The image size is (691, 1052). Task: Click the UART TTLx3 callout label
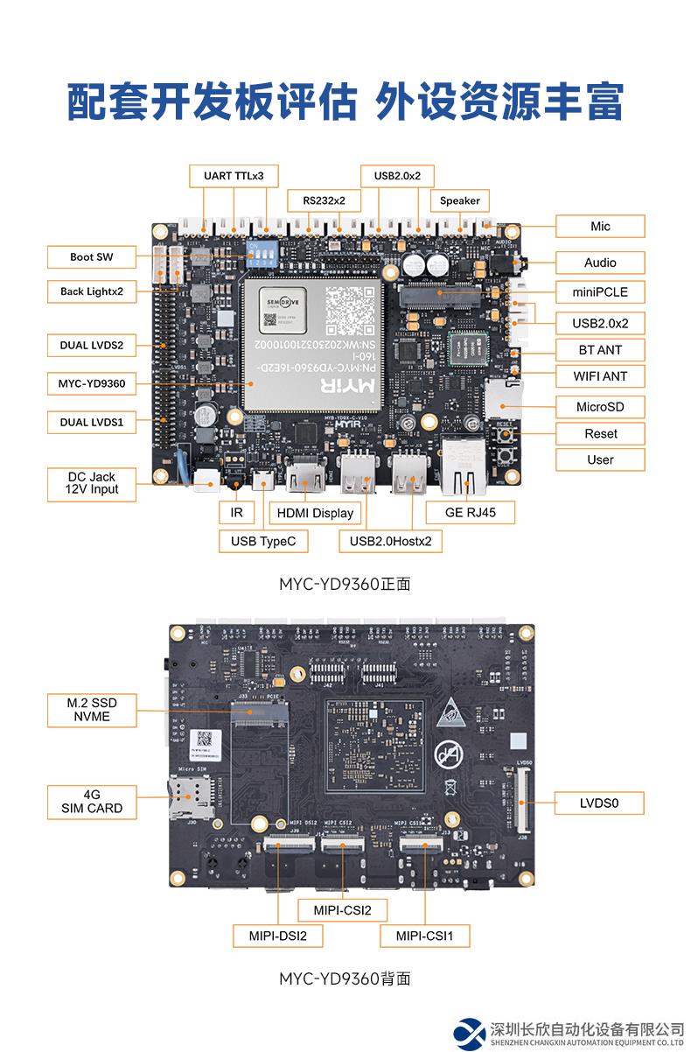[x=234, y=175]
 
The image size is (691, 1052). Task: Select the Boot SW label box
[x=92, y=257]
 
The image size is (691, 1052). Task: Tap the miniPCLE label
[x=600, y=291]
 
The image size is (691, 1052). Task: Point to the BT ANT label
[x=600, y=349]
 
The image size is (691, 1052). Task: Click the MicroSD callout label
[x=600, y=406]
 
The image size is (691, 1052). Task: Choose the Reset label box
[x=600, y=433]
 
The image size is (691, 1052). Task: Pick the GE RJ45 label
[x=471, y=512]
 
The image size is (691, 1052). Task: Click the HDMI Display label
[x=315, y=513]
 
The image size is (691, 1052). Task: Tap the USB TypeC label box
[x=263, y=541]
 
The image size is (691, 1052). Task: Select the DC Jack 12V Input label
[x=92, y=484]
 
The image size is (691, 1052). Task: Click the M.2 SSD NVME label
[x=92, y=710]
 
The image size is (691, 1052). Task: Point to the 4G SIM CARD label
[x=92, y=802]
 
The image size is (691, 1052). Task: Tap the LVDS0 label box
[x=599, y=802]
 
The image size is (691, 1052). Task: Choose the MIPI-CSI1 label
[x=425, y=936]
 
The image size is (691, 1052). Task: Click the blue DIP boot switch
[x=261, y=252]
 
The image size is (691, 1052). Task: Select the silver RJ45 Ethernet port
[x=464, y=466]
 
